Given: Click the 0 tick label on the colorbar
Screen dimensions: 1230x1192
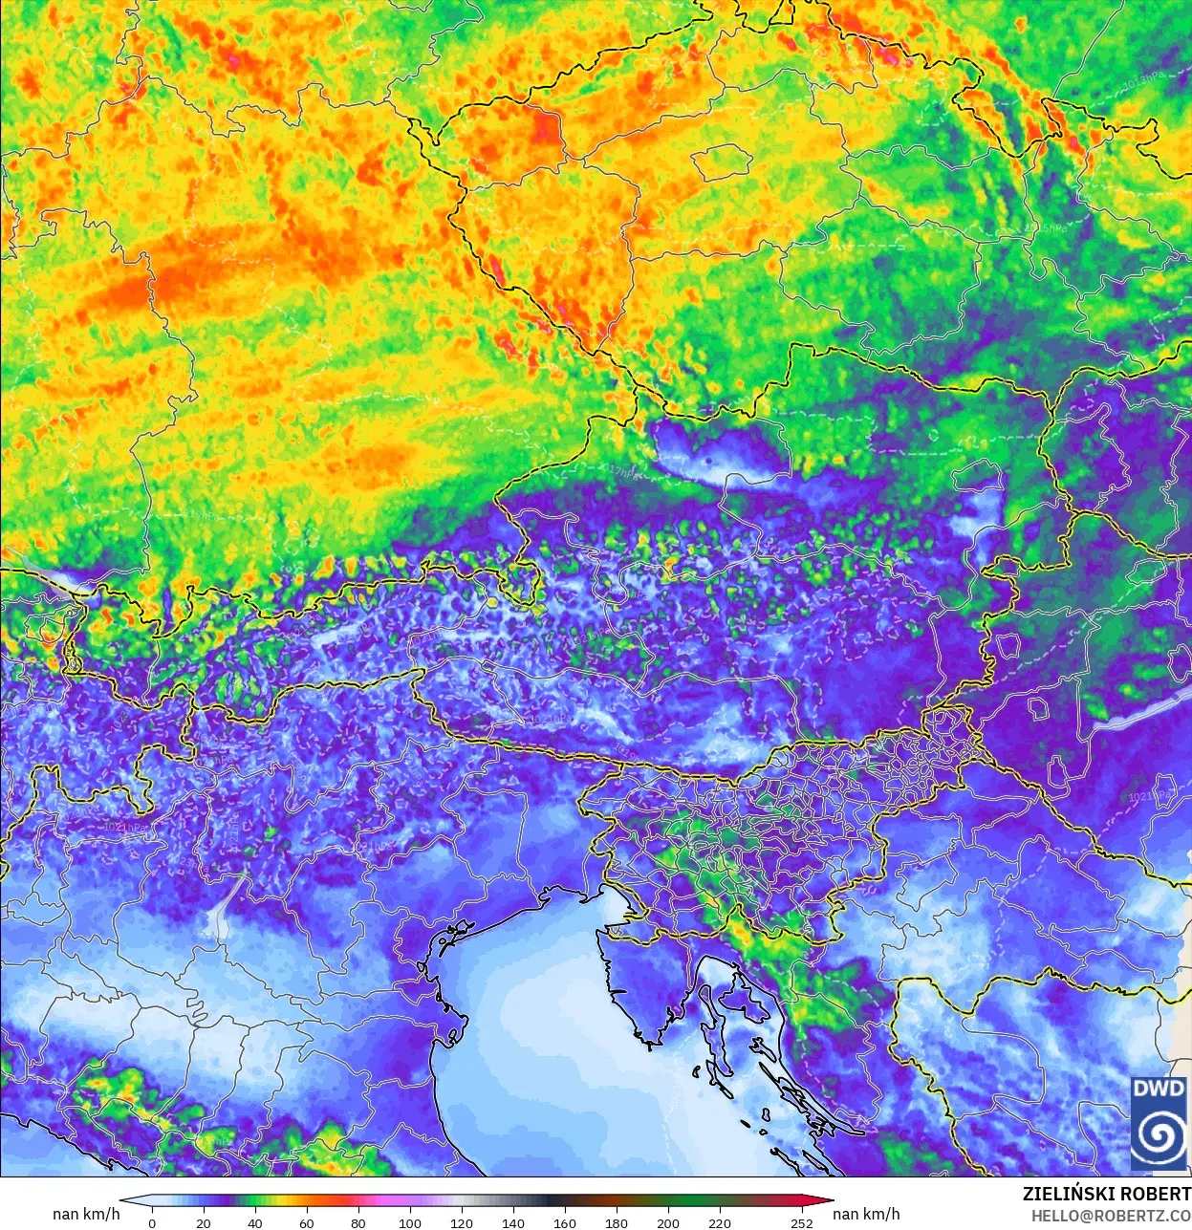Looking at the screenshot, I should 152,1223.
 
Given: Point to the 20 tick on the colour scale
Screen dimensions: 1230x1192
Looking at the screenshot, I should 204,1223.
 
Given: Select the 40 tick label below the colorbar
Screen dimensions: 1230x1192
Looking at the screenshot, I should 255,1223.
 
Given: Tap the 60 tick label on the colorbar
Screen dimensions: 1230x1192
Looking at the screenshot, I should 307,1223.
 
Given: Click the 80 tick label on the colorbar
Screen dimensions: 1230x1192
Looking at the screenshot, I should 358,1223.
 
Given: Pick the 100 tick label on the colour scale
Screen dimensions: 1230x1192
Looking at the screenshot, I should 410,1223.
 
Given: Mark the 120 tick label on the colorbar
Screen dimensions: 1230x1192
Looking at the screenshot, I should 462,1223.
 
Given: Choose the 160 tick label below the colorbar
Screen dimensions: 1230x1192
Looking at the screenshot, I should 565,1223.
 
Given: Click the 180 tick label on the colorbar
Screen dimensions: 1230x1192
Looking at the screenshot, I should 617,1223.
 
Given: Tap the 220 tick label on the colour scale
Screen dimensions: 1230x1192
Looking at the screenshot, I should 720,1223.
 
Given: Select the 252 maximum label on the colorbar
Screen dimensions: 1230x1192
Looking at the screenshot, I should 802,1223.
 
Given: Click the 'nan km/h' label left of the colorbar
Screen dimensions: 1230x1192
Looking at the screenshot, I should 86,1214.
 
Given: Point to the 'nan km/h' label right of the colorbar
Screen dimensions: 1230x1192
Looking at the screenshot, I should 866,1214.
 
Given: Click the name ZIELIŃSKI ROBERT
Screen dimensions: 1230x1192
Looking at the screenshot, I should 1106,1195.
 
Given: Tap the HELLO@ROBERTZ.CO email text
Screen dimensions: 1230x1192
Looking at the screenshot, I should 1111,1216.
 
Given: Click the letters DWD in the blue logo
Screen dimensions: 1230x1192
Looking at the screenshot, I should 1159,1089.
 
